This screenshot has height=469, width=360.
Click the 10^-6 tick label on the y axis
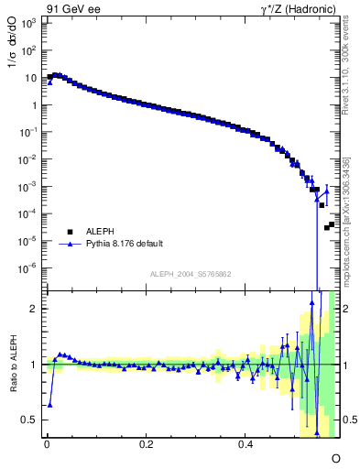pos(28,268)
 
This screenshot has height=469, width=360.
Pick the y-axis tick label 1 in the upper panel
pos(33,105)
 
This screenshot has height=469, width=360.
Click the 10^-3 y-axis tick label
pos(28,187)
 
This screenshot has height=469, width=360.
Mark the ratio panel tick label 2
pos(33,310)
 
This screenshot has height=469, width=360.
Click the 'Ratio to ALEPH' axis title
pos(12,365)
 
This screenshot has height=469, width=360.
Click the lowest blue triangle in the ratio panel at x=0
pos(49,404)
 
